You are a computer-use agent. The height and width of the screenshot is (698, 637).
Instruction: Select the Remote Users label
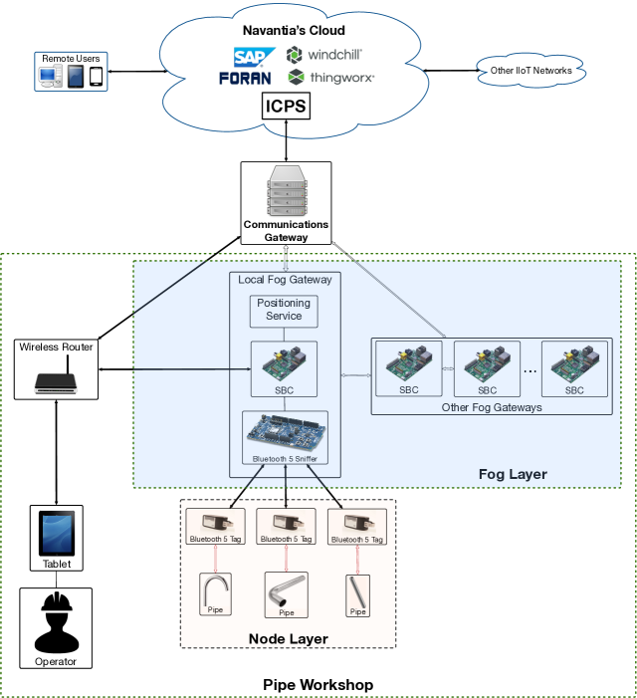[71, 59]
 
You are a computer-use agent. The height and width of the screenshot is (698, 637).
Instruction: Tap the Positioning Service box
[284, 310]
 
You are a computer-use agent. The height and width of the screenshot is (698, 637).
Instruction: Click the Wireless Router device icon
[56, 380]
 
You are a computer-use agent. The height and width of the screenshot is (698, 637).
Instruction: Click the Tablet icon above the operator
[56, 536]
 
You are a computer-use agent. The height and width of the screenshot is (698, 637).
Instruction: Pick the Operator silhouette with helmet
[56, 623]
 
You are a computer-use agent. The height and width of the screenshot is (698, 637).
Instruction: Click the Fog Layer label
[513, 474]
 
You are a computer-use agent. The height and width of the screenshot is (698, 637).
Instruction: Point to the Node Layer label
[288, 638]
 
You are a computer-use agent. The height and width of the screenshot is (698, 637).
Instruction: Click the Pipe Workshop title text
[318, 685]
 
